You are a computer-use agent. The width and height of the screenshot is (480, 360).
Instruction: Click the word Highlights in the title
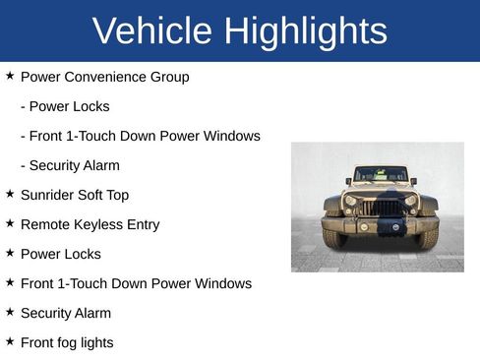coord(305,31)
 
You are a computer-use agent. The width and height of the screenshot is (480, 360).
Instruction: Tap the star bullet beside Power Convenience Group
coord(10,76)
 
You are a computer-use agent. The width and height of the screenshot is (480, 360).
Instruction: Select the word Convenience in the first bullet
coord(105,77)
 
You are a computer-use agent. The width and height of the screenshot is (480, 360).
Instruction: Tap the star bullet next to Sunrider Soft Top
coord(10,194)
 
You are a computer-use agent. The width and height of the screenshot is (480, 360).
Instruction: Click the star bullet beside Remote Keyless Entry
coord(10,223)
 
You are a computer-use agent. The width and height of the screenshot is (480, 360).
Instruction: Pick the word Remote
coord(44,224)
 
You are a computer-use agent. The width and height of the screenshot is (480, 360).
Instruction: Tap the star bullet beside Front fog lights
coord(10,341)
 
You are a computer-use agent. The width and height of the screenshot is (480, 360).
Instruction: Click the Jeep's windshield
coord(381,175)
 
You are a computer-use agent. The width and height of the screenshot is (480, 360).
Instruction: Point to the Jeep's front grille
coord(381,208)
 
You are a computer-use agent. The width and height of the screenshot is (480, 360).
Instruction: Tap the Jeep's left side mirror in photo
coord(348,182)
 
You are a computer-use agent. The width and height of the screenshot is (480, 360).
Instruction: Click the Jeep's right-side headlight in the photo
coord(410,201)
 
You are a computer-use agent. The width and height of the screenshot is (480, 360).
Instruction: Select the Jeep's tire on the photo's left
coord(333,237)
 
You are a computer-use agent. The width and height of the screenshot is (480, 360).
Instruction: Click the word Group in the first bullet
coord(170,77)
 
